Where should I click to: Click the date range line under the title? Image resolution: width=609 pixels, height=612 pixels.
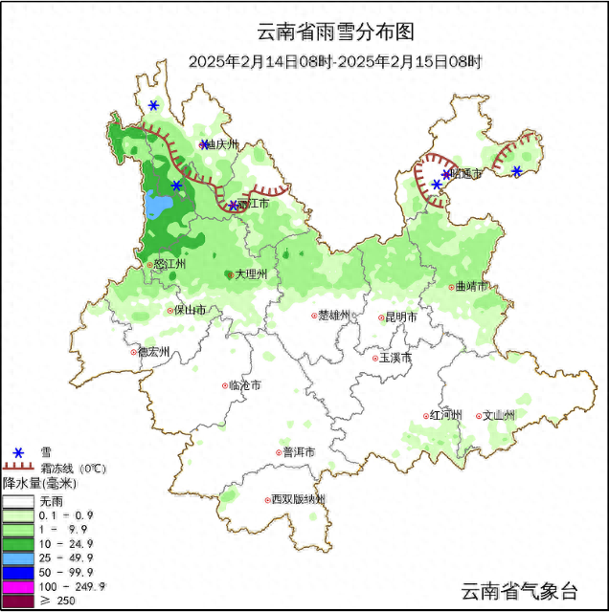point(335,61)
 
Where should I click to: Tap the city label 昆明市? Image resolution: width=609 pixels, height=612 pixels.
point(400,317)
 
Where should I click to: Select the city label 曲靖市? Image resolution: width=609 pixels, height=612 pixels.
point(470,286)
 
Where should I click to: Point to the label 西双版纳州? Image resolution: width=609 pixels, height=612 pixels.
point(297,500)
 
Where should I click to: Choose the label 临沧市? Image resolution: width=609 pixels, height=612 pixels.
point(244,385)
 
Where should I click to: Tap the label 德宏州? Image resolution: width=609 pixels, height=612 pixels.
point(153,351)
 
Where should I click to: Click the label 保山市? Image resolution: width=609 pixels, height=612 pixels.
point(188,310)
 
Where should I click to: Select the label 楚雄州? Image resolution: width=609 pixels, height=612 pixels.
point(336,316)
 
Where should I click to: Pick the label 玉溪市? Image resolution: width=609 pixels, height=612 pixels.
point(395,358)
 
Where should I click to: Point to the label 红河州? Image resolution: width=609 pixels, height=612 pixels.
point(446,415)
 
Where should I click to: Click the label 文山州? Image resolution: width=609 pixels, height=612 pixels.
point(499,415)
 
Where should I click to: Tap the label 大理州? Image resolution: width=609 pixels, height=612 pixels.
point(250,274)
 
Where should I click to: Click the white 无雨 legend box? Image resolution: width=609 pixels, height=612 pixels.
point(18,500)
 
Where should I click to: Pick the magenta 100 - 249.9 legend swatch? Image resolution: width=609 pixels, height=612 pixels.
point(18,585)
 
